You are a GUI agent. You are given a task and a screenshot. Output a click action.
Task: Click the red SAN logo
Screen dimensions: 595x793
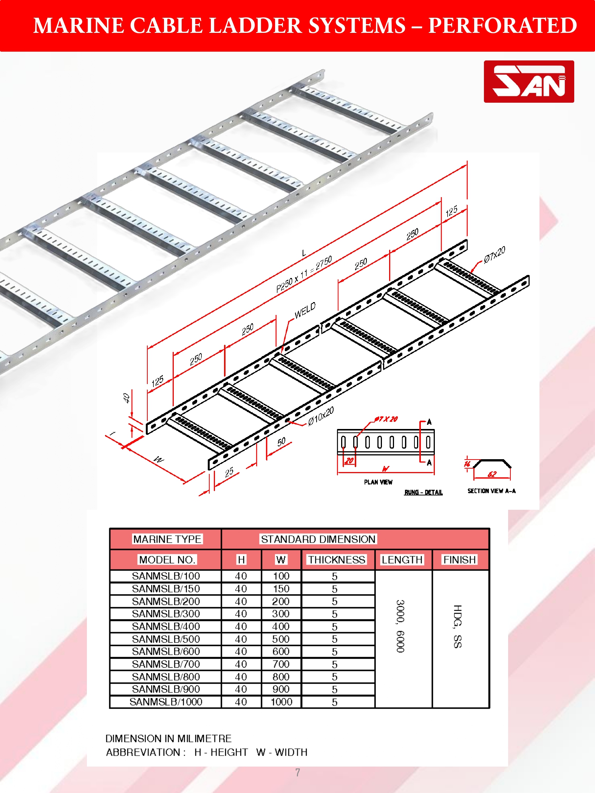click(x=529, y=82)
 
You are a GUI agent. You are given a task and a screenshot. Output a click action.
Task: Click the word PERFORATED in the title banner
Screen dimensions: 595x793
click(x=502, y=26)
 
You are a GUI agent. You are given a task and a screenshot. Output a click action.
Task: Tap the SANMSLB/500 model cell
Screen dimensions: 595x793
click(x=166, y=639)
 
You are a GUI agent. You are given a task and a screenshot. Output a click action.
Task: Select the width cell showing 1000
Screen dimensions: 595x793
click(x=281, y=702)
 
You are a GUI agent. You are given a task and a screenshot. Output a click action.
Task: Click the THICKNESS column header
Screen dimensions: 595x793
click(x=337, y=560)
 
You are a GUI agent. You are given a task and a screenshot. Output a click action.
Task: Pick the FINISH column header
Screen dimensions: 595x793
click(x=460, y=560)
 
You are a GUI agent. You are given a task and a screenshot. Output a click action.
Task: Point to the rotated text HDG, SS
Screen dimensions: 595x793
click(x=457, y=626)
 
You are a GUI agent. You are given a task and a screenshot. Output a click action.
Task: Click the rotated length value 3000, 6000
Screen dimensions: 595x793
click(x=400, y=626)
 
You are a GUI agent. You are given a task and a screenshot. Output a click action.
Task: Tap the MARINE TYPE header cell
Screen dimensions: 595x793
click(x=167, y=539)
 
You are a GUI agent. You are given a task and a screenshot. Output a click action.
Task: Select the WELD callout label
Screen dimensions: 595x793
click(x=305, y=310)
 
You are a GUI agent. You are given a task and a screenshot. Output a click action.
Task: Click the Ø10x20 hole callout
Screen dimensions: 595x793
click(x=321, y=417)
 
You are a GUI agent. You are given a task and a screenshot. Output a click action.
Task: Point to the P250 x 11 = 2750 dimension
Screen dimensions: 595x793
click(x=304, y=274)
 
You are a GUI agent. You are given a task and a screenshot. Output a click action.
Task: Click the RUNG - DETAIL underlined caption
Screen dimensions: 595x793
click(x=423, y=492)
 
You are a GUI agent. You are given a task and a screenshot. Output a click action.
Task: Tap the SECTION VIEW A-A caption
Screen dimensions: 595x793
click(x=491, y=491)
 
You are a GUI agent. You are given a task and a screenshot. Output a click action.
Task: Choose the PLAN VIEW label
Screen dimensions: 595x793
click(x=378, y=482)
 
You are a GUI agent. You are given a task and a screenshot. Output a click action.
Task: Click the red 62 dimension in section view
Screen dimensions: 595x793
click(x=492, y=474)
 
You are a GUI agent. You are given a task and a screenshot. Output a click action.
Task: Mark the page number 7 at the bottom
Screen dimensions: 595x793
click(x=298, y=773)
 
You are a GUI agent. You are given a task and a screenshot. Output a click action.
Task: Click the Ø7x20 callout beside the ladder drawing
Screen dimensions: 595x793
click(x=495, y=254)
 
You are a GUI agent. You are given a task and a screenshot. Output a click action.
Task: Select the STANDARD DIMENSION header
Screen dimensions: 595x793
click(x=318, y=539)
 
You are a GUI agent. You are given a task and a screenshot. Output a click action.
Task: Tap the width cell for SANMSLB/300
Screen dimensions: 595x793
click(x=281, y=614)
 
